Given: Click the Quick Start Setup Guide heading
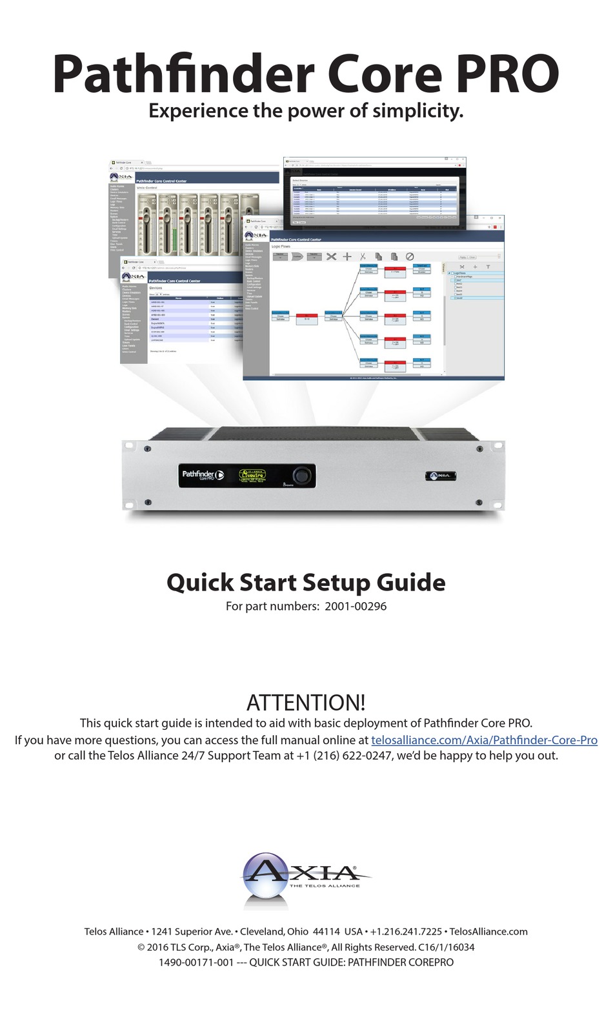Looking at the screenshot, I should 306,582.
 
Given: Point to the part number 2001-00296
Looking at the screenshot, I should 356,606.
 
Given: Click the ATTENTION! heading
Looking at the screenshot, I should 306,702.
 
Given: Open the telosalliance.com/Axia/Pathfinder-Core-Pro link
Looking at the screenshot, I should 484,740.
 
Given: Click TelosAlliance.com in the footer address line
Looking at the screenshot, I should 488,931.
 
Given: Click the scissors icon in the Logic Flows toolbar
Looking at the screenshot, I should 363,256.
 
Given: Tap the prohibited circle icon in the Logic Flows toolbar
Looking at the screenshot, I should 409,256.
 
